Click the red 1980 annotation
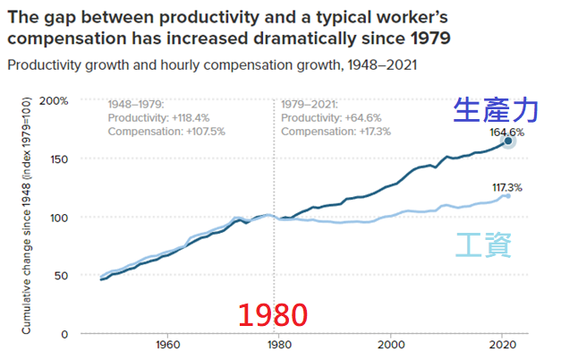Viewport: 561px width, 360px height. point(273,314)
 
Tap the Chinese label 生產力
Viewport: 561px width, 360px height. point(497,109)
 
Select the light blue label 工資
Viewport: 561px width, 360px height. point(484,245)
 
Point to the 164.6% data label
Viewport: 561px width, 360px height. point(507,131)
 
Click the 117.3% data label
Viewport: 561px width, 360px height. point(506,187)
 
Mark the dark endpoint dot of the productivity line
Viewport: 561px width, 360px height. point(508,141)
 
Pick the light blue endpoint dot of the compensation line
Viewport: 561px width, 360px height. point(507,195)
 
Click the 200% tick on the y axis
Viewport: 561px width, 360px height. point(55,100)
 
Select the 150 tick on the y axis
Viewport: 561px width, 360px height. point(57,159)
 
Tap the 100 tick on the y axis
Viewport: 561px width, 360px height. point(57,218)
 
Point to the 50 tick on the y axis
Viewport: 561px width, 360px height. point(60,276)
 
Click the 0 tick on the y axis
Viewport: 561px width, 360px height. point(64,334)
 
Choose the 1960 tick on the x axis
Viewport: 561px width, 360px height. point(166,344)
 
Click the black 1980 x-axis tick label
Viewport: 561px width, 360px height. point(278,344)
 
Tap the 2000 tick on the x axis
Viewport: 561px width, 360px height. point(390,344)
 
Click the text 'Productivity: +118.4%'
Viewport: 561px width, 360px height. point(159,117)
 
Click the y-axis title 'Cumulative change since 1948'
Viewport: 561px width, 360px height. point(28,215)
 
